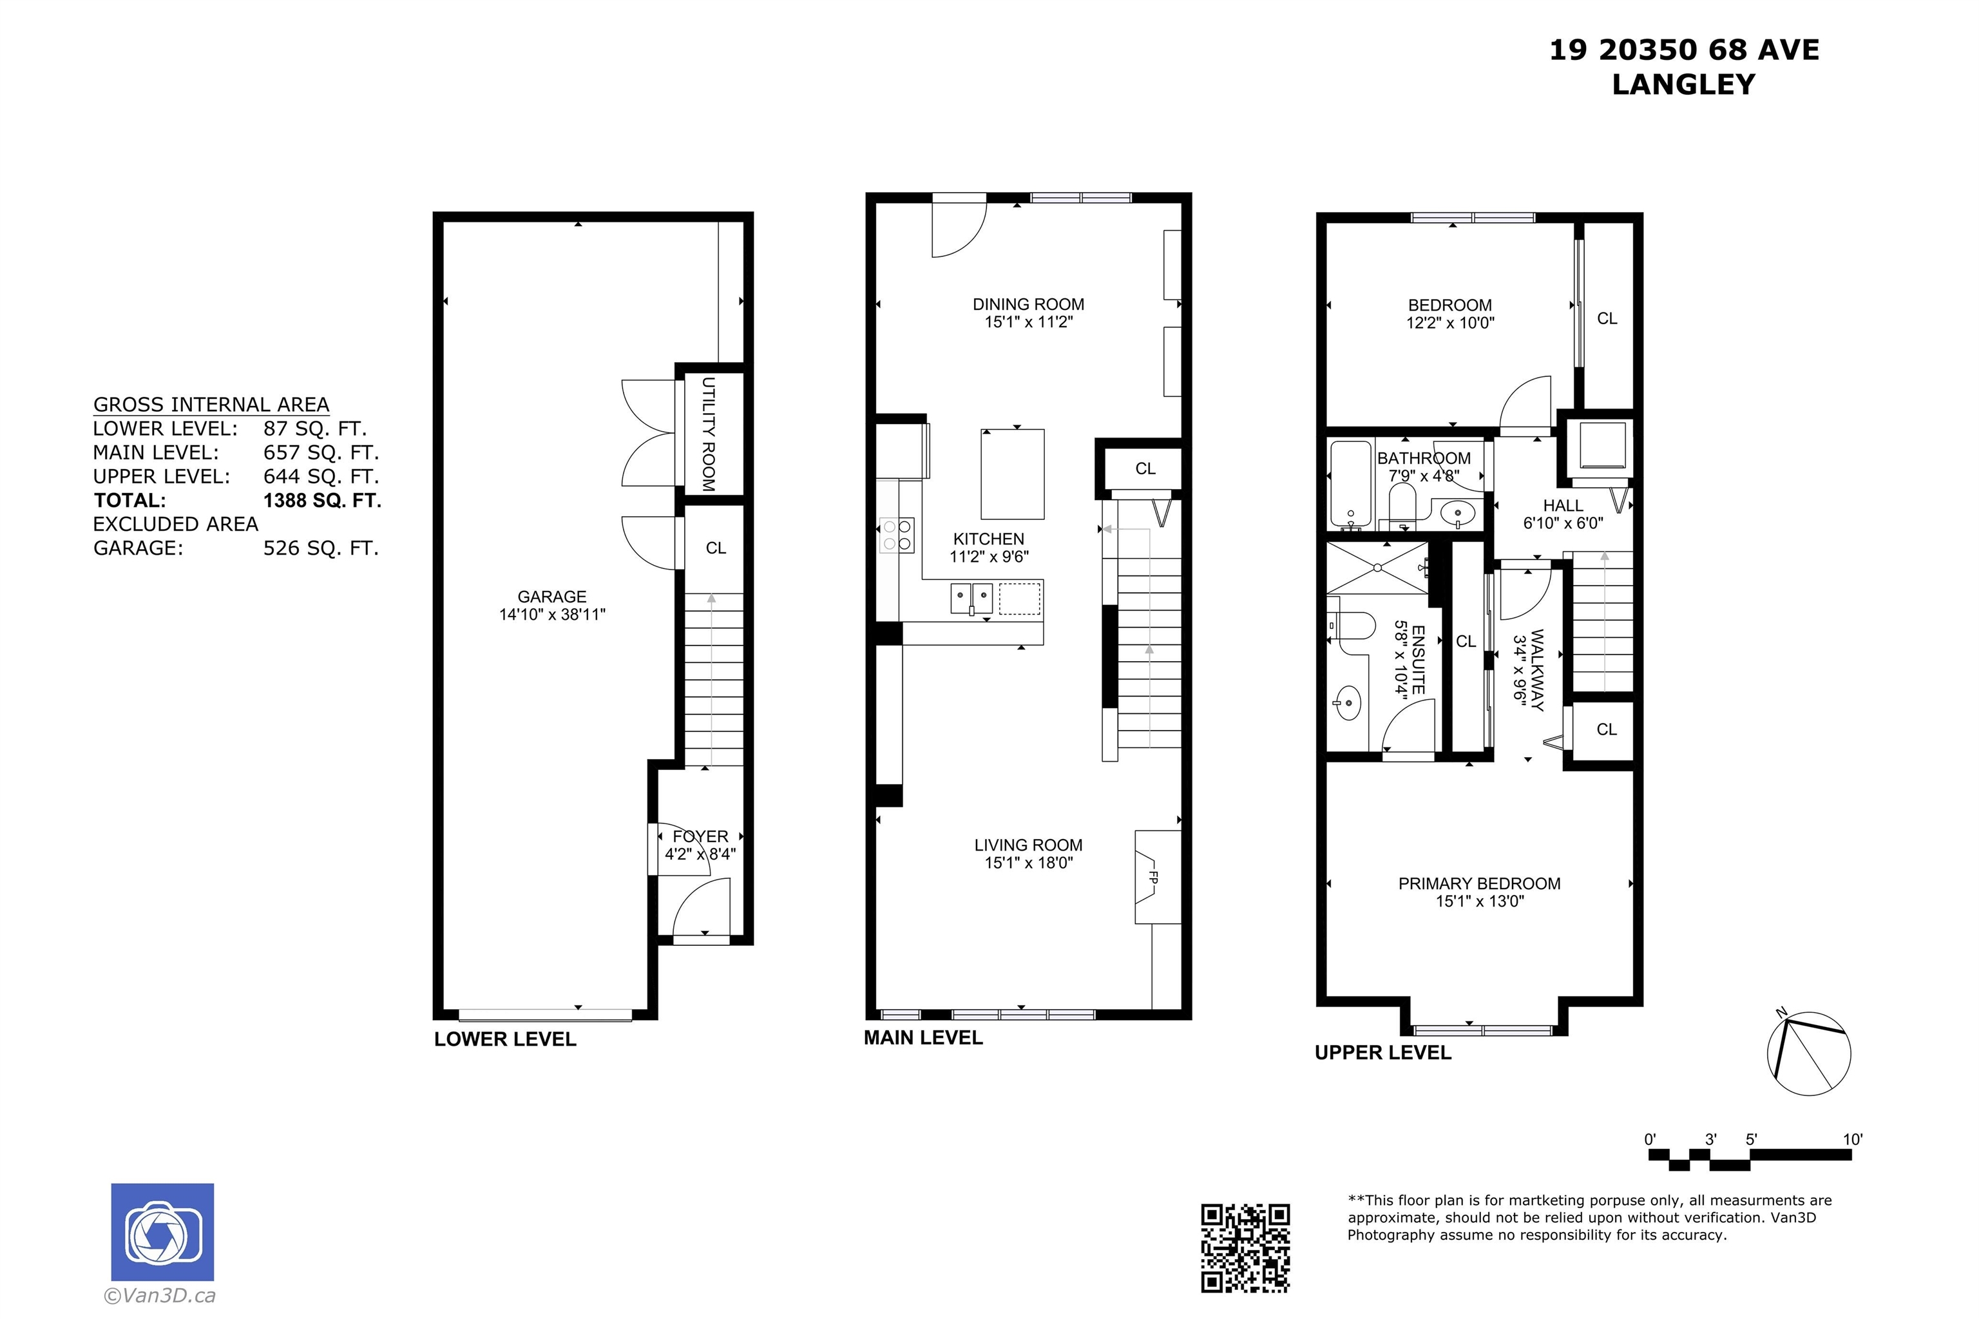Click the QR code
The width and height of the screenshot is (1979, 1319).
point(1244,1247)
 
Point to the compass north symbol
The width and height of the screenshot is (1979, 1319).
point(1808,1052)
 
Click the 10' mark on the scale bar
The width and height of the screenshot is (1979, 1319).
point(1853,1140)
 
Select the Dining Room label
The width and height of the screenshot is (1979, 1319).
point(1028,305)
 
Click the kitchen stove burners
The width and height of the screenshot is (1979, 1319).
point(897,535)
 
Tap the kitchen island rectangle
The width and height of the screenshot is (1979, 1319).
point(1013,474)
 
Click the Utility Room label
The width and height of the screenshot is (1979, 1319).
point(708,434)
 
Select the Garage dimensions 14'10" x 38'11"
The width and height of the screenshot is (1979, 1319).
point(551,615)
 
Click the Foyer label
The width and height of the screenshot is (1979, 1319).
point(701,837)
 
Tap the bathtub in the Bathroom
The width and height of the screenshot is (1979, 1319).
point(1351,484)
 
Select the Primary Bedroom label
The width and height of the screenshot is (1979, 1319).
point(1479,884)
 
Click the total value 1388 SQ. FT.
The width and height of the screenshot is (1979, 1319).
point(322,501)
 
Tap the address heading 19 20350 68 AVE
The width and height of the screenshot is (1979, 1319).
point(1684,50)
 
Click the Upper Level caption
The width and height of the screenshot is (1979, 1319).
point(1382,1052)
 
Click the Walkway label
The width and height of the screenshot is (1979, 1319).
point(1538,670)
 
